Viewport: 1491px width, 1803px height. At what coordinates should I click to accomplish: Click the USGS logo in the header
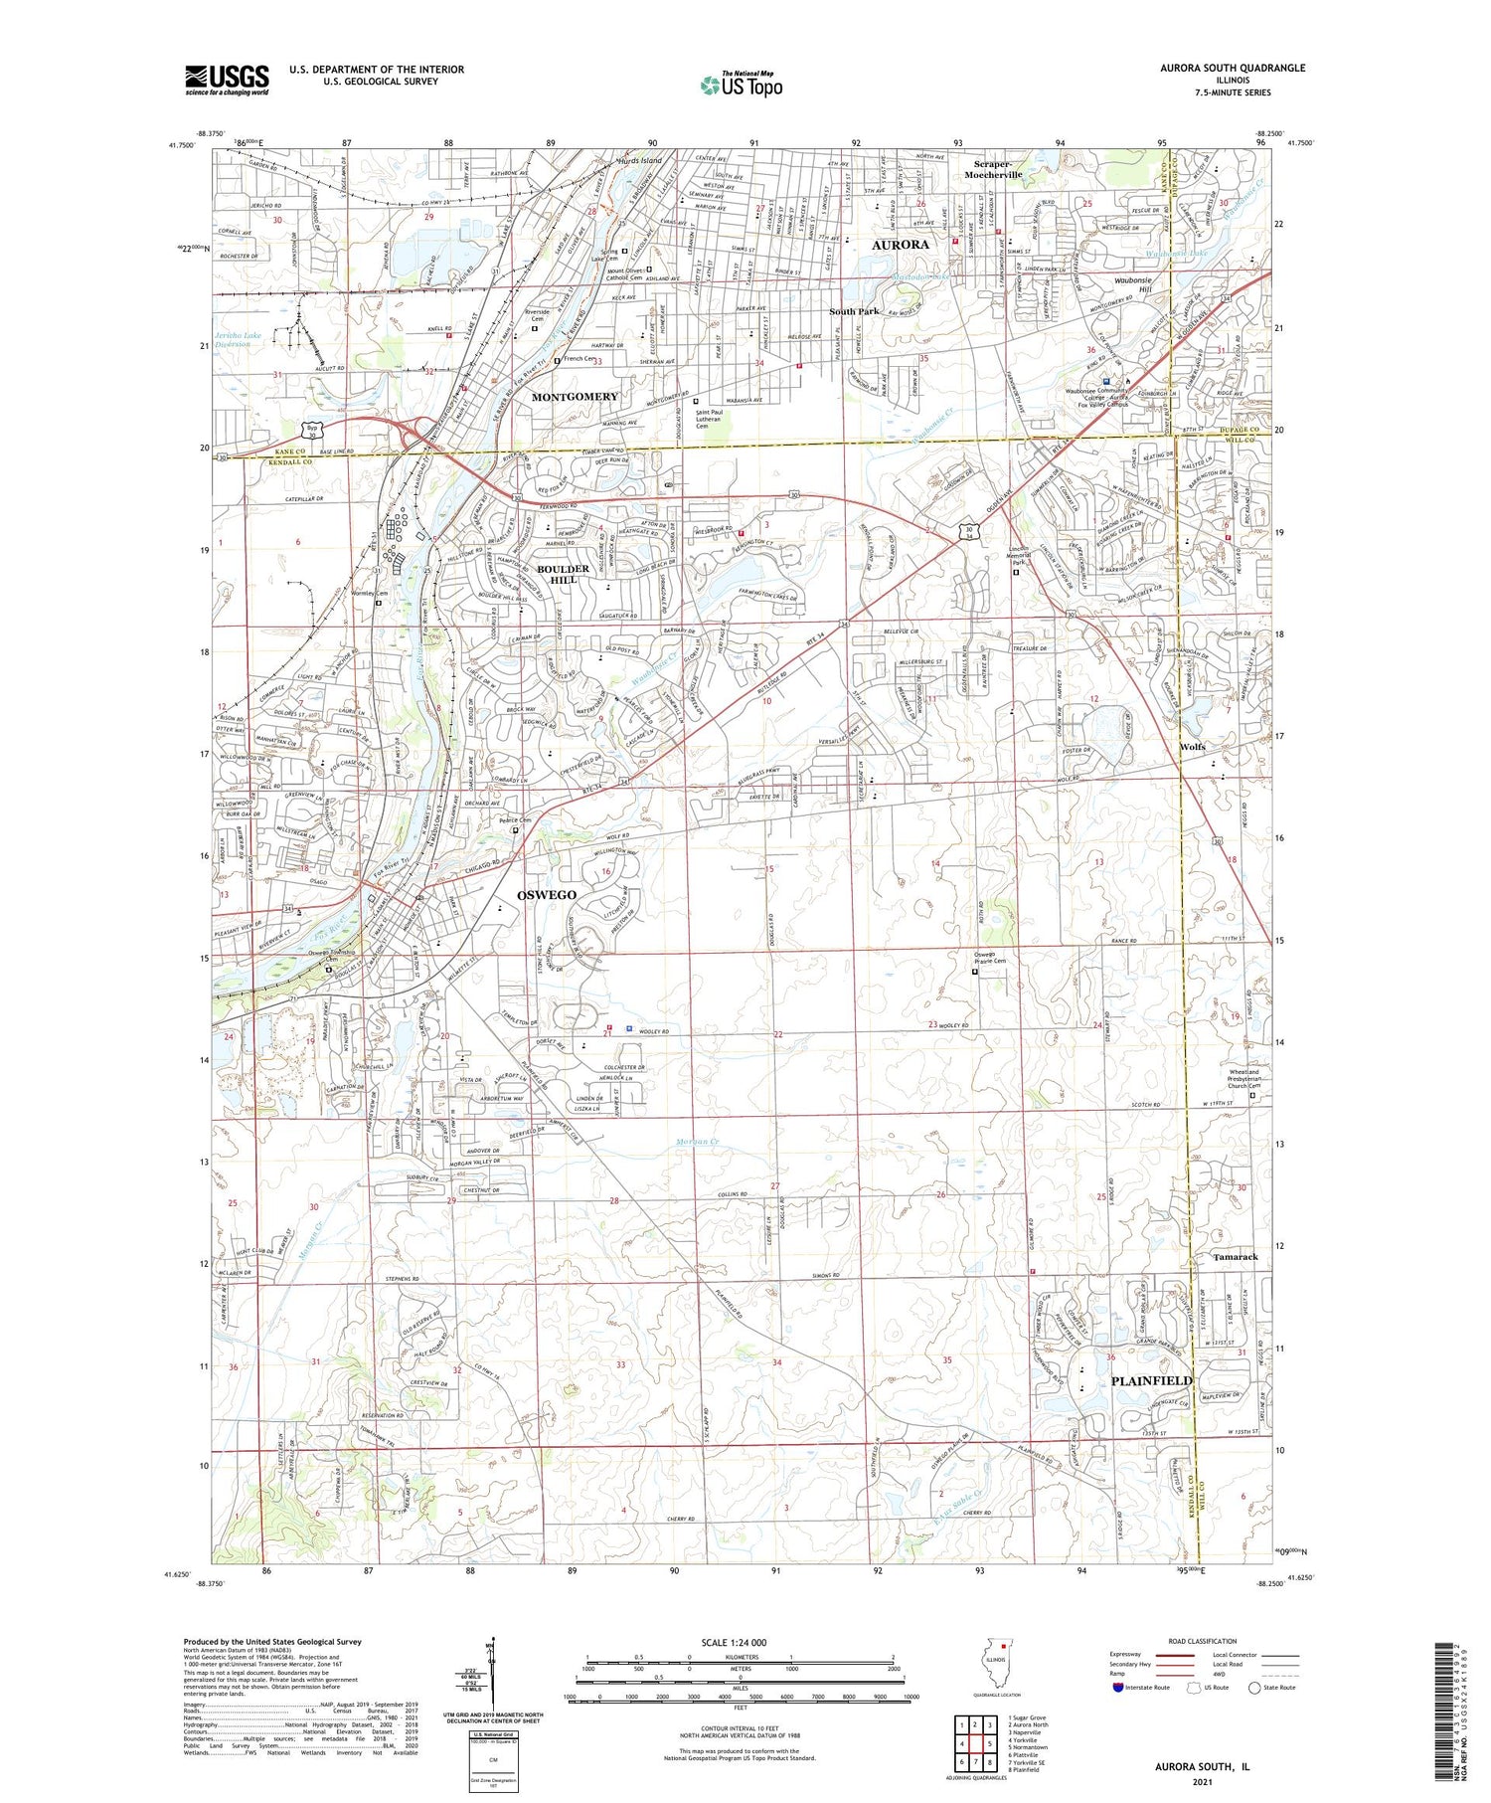[x=227, y=80]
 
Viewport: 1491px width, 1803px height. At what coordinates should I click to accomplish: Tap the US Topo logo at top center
[x=741, y=86]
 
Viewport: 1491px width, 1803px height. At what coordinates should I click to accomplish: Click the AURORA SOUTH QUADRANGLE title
[x=1232, y=68]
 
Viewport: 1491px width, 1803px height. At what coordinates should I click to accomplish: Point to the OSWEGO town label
[x=547, y=895]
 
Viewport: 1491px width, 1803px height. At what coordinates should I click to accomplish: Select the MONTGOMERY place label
[x=575, y=397]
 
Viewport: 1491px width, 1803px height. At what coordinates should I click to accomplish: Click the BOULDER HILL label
[x=564, y=575]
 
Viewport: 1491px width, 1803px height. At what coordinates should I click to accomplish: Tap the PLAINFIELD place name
[x=1151, y=1380]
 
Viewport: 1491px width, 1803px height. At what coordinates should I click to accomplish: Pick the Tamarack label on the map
[x=1235, y=1257]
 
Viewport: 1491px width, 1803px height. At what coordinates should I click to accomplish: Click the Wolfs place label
[x=1192, y=747]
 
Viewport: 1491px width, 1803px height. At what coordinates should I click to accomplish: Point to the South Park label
[x=854, y=311]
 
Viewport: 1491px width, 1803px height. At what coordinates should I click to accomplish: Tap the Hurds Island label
[x=638, y=160]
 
